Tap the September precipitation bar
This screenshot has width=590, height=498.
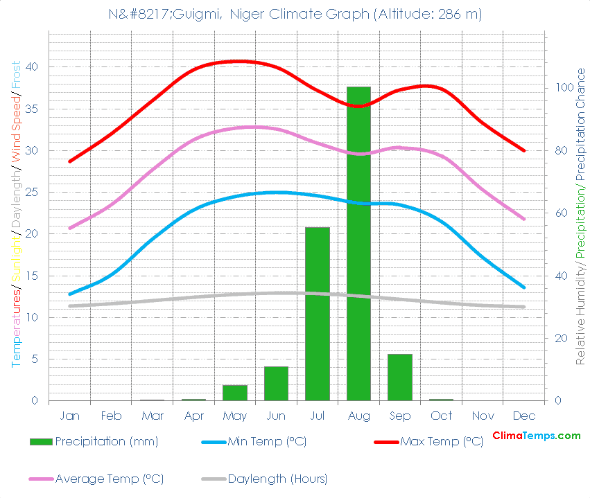coord(400,377)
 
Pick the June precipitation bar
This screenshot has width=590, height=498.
coord(276,383)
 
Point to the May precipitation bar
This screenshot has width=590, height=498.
coord(235,393)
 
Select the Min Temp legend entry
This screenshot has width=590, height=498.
coord(267,442)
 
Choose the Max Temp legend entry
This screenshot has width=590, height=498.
coord(441,442)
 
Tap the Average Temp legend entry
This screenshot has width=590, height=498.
coord(109,479)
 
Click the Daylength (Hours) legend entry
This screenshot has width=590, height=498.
coord(277,479)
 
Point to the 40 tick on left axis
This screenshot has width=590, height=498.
coord(32,67)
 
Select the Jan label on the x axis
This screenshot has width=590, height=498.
coord(70,416)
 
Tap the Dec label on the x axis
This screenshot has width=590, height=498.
coord(524,416)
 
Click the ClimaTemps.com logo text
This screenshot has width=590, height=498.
coord(536,436)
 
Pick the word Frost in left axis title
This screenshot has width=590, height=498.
coord(15,74)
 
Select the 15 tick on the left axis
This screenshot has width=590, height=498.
coord(32,276)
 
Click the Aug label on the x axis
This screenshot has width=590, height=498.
coord(358,416)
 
